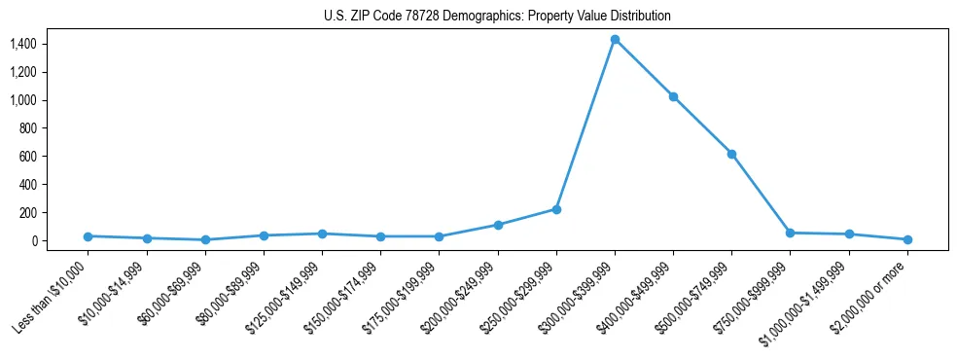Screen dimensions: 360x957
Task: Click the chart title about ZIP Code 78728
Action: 497,17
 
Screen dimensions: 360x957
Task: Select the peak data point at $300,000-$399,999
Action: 615,39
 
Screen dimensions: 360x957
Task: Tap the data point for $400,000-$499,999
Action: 673,96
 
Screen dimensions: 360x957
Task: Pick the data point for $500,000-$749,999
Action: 731,154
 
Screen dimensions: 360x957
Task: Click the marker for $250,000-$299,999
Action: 556,209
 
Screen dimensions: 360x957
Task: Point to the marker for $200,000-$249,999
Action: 498,225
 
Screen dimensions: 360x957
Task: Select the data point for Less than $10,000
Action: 89,236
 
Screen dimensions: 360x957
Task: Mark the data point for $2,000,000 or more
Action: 907,239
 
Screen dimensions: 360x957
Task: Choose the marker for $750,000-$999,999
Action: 790,233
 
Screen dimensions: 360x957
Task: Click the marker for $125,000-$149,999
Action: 322,234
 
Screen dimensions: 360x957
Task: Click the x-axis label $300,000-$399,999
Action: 580,295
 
